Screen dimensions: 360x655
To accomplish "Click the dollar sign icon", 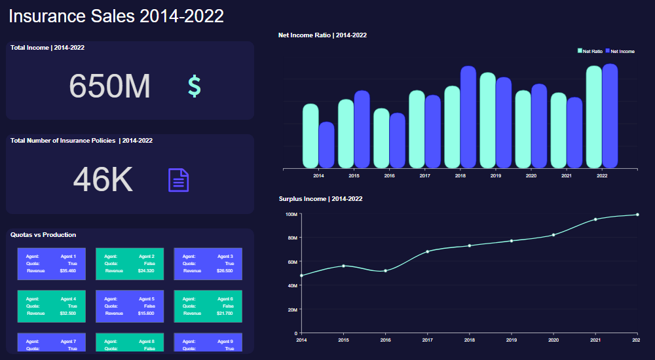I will (195, 86).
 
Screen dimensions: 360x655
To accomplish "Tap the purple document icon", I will (179, 180).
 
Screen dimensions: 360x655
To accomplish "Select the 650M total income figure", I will (110, 86).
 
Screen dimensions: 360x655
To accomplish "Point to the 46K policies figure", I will (103, 179).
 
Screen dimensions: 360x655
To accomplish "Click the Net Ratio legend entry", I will (590, 51).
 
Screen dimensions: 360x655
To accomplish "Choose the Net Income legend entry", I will (620, 51).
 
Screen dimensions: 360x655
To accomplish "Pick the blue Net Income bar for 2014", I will (327, 145).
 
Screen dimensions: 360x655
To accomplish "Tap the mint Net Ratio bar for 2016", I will (381, 138).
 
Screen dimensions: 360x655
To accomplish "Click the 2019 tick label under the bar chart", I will (496, 176).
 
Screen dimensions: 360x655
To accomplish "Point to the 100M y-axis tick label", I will (291, 214).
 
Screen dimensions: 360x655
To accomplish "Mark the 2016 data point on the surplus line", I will (385, 270).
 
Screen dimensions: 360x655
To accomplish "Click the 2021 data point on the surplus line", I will (595, 219).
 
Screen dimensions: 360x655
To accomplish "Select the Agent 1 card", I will (51, 263).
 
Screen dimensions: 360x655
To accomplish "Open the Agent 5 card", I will (130, 306).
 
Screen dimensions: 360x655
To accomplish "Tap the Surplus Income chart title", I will (320, 198).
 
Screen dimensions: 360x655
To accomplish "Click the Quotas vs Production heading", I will (43, 235).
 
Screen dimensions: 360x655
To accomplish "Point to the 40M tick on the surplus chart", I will (291, 285).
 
